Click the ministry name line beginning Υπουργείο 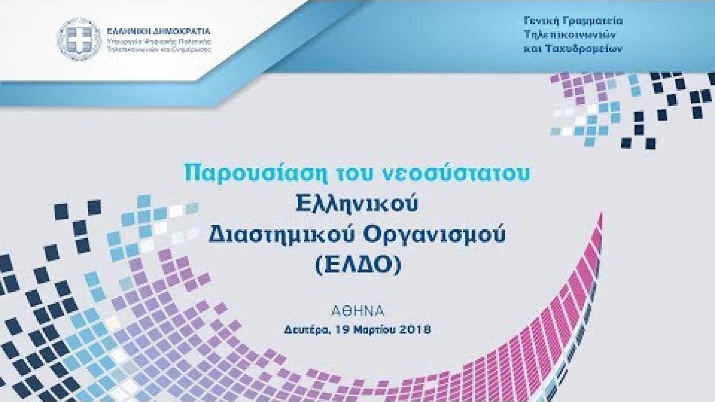pos(159,44)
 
